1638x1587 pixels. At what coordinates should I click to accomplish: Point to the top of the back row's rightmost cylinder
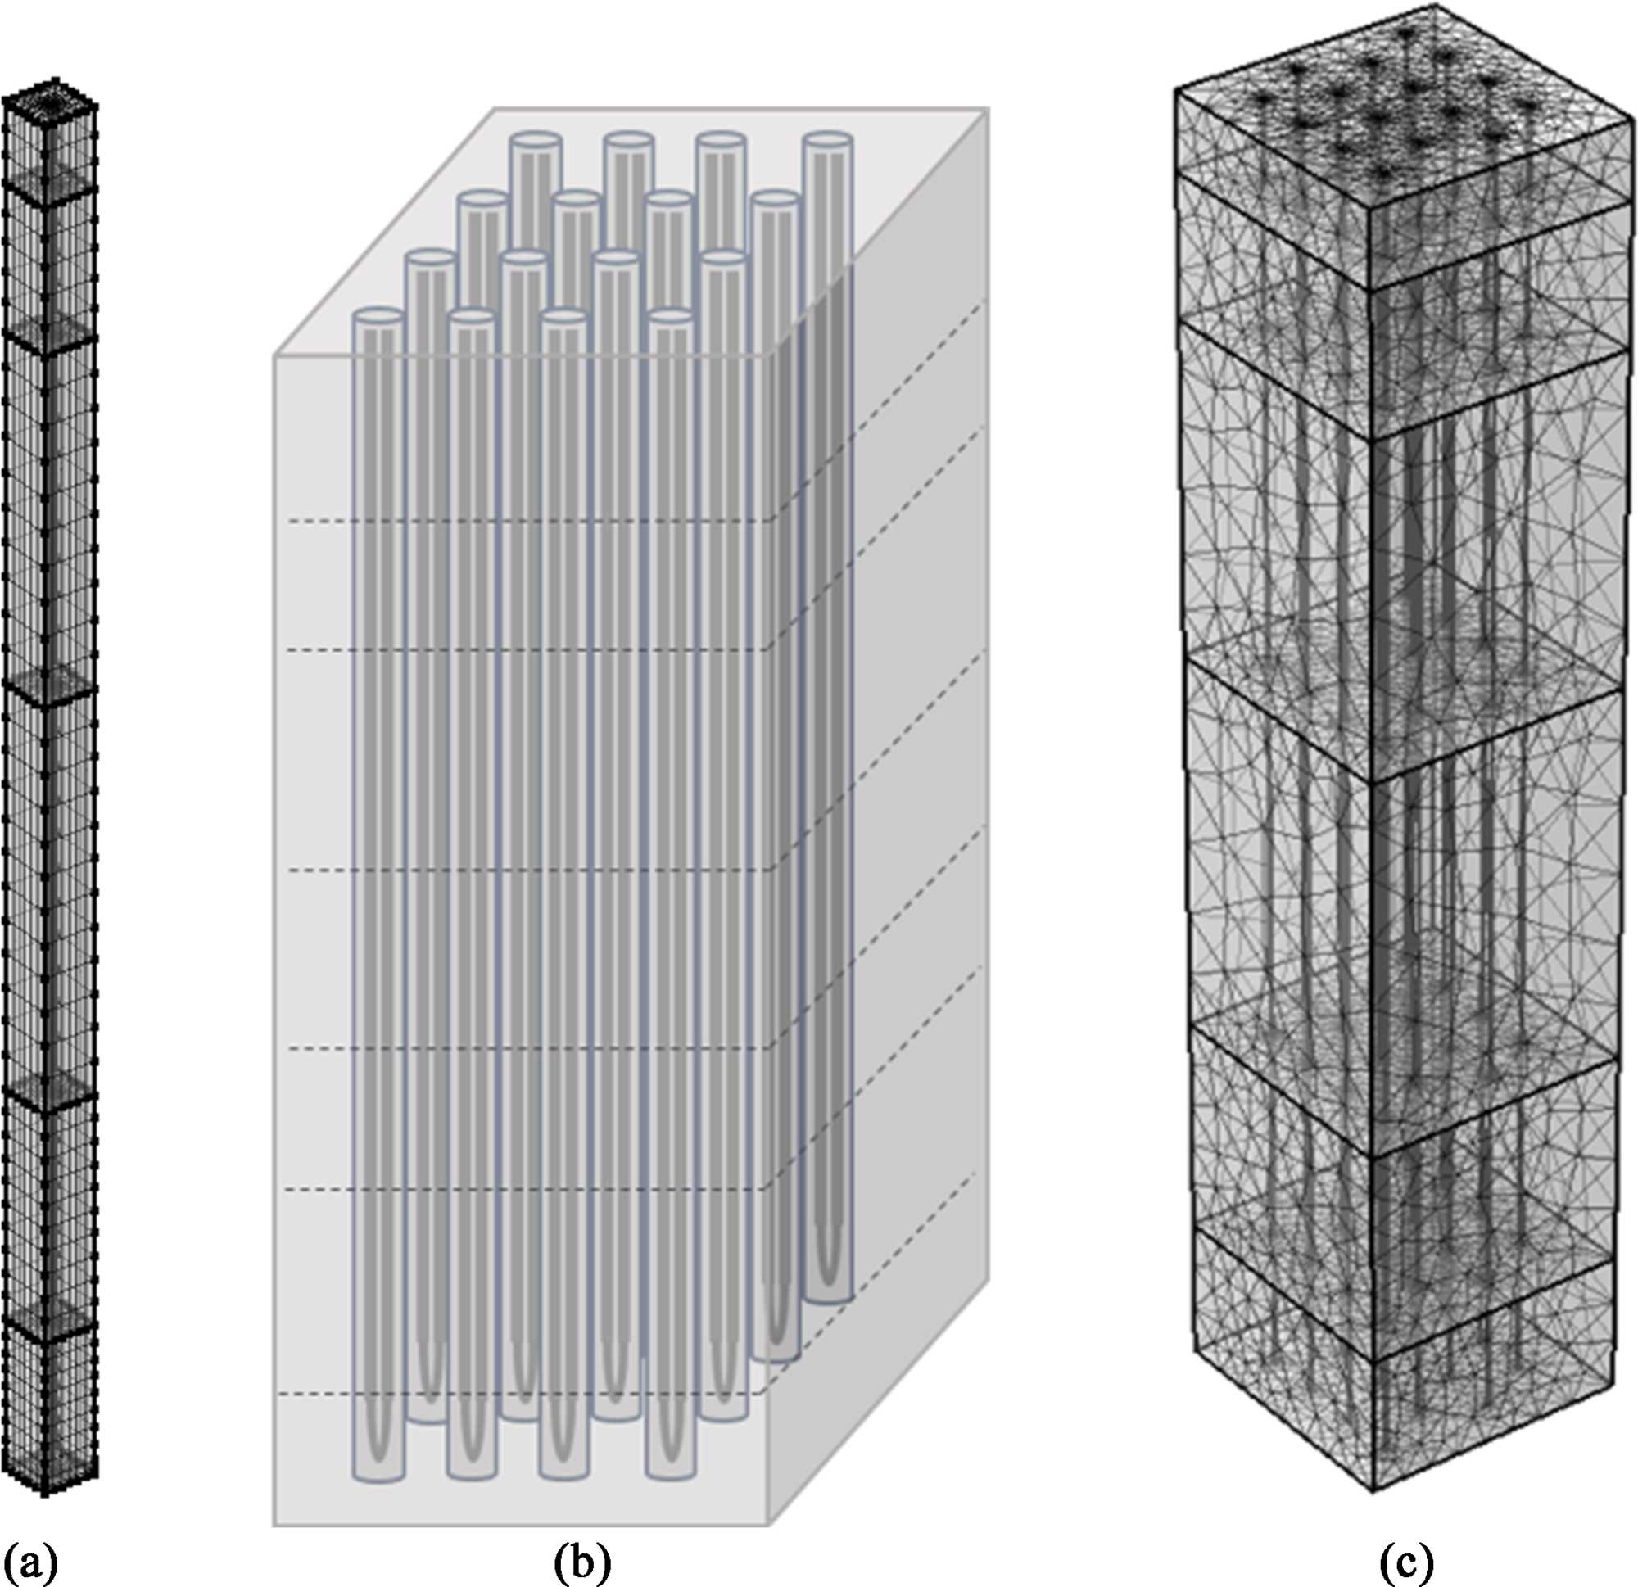tap(828, 139)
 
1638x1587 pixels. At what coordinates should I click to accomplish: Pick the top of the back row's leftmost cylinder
tap(536, 139)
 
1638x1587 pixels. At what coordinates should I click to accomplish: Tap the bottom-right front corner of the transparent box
tap(769, 1524)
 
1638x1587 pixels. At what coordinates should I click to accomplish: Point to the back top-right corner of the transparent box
tap(989, 109)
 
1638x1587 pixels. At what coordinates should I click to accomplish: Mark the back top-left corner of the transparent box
tap(495, 109)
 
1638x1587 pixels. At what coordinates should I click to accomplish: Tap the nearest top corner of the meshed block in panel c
tap(1370, 206)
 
